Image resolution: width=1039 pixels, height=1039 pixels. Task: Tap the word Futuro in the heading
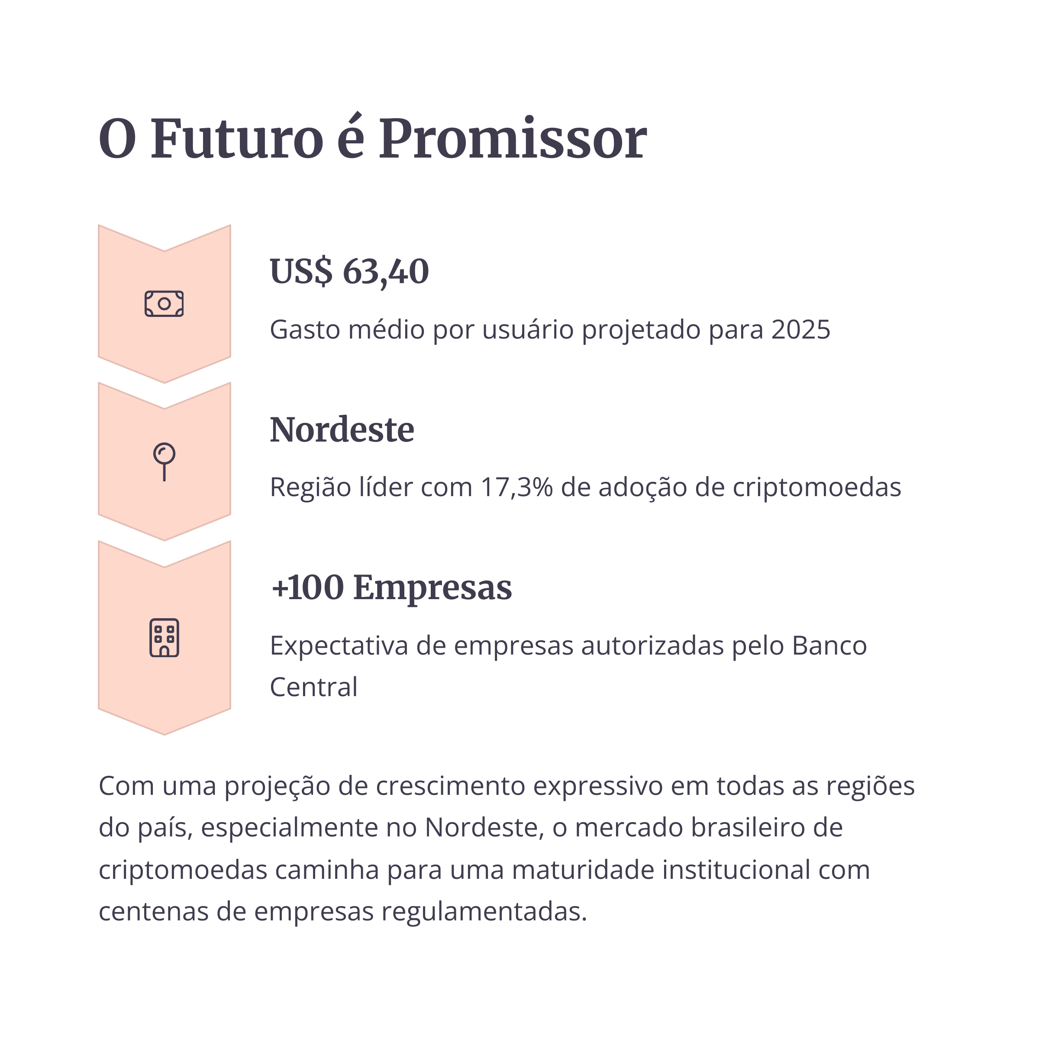tap(237, 139)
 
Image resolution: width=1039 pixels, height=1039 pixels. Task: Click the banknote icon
tap(164, 304)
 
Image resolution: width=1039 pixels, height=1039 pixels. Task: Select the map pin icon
tap(164, 461)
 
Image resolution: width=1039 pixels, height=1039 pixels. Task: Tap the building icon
tap(164, 638)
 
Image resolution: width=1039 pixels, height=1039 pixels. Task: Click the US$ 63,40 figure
tap(349, 271)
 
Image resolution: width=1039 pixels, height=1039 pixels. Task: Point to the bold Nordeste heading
tap(342, 430)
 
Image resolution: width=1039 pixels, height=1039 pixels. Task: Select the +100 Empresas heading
tap(391, 587)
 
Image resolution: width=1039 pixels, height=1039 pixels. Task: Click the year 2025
tap(801, 329)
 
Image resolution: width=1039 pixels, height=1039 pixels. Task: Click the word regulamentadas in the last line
tap(484, 912)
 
